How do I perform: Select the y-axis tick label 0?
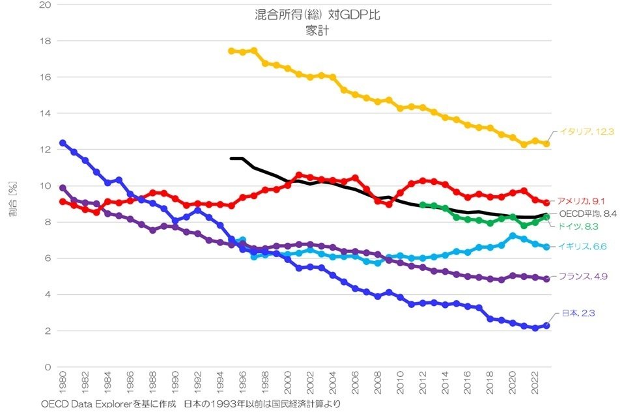tap(48, 367)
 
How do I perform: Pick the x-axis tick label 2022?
tap(535, 383)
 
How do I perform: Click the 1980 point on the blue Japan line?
tap(63, 143)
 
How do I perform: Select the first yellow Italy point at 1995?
tap(231, 51)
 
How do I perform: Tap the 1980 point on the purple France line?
tap(63, 187)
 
